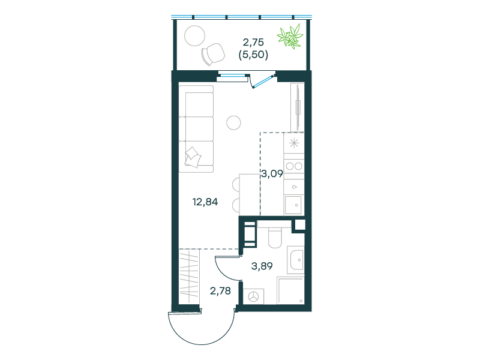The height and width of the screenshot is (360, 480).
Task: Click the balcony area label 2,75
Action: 253,42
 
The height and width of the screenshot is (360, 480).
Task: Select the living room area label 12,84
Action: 205,202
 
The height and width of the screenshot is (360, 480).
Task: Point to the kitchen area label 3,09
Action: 272,174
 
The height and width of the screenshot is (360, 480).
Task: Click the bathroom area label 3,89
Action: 262,266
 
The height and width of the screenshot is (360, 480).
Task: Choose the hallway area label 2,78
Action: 220,291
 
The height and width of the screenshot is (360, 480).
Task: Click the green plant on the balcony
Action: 290,37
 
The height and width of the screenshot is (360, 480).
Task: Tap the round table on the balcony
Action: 194,36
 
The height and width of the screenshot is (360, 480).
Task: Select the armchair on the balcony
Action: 213,54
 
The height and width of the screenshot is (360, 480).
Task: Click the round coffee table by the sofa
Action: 233,123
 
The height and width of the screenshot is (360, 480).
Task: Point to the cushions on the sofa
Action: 193,157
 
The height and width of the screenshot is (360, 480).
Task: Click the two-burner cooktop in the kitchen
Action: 294,167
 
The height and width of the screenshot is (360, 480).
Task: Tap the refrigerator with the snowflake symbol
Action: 294,143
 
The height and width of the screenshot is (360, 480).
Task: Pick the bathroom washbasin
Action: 296,260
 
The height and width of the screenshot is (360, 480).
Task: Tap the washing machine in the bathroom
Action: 253,296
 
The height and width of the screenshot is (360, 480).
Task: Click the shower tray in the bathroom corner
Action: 290,290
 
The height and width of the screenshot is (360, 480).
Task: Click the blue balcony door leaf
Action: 263,81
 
